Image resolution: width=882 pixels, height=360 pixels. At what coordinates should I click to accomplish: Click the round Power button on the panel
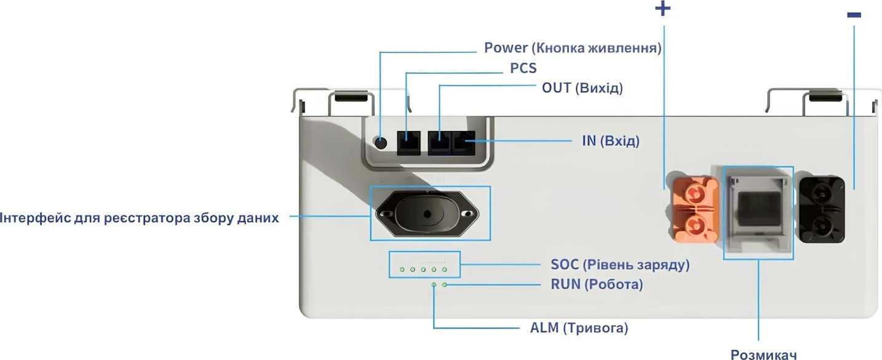tap(381, 143)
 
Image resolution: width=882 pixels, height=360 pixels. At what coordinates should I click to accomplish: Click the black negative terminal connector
tap(821, 210)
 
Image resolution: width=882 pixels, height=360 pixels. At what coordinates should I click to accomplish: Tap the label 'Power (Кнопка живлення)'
tap(573, 48)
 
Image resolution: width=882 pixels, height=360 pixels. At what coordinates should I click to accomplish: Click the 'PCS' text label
tap(523, 68)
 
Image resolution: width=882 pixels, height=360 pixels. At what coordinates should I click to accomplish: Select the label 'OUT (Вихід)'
tap(582, 88)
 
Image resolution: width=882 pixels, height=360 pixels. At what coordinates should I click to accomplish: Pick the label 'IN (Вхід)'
tap(611, 141)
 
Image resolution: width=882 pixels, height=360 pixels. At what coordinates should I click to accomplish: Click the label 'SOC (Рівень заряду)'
tap(620, 265)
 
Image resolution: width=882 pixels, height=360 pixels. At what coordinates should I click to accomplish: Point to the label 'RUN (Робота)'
tap(597, 284)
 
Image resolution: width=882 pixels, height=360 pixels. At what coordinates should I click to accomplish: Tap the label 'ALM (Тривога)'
tap(579, 328)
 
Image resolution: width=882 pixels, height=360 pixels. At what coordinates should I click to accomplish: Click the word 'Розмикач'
tap(764, 354)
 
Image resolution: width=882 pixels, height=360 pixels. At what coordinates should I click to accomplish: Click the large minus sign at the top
tap(854, 15)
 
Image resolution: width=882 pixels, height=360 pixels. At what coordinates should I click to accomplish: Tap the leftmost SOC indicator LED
tap(402, 270)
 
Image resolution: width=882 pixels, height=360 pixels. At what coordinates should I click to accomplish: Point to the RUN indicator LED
tap(445, 285)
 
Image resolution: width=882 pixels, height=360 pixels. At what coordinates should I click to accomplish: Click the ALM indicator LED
tap(434, 285)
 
